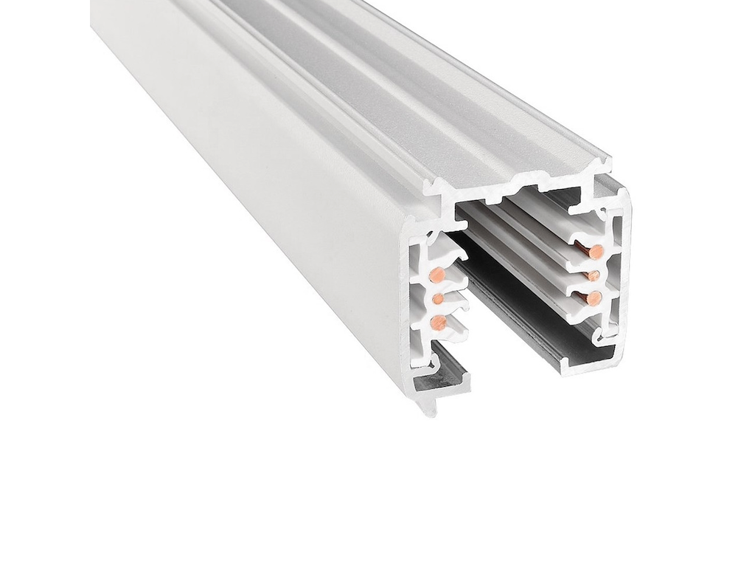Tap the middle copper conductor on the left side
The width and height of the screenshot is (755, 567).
pyautogui.click(x=437, y=299)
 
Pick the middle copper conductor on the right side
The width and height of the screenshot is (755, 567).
pyautogui.click(x=593, y=276)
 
